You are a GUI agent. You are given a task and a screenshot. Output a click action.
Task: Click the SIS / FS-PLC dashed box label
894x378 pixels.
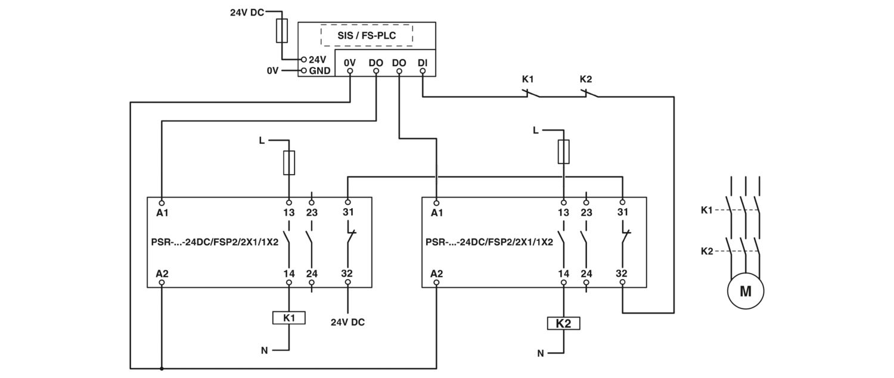coord(367,36)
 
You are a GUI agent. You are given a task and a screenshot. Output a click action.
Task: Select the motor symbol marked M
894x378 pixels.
coord(745,291)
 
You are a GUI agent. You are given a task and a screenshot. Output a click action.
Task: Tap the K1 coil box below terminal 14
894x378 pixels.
coord(289,318)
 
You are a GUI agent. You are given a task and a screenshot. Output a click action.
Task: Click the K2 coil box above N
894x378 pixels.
coord(563,323)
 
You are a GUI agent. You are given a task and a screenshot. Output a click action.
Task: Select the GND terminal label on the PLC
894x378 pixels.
coord(319,70)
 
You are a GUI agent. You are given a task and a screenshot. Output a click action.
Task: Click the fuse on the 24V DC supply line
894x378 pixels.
coord(282,30)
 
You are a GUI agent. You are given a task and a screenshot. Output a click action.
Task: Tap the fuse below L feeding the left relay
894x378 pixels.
coord(289,163)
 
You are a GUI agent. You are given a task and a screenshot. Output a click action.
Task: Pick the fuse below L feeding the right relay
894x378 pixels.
coord(564,151)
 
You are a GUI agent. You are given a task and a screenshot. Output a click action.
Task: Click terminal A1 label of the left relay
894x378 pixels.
coord(162,213)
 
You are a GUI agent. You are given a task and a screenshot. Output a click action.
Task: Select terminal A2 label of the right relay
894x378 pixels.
coord(437,274)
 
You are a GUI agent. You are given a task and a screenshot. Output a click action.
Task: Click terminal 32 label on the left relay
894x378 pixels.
coord(347,274)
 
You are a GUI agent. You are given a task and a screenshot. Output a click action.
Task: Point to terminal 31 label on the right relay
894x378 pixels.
coord(623,212)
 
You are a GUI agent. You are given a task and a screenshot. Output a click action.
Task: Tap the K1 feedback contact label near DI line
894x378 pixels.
coord(527,79)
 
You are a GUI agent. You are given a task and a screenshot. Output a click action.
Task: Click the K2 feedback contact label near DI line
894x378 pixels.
coord(585,79)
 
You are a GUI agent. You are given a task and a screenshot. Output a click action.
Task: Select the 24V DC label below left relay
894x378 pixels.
coord(347,322)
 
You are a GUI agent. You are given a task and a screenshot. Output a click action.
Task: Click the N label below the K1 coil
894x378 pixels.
coord(264,351)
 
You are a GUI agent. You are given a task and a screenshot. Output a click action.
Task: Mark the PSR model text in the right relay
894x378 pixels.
coord(489,242)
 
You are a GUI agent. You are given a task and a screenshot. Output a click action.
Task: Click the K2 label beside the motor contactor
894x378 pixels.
coord(707,251)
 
